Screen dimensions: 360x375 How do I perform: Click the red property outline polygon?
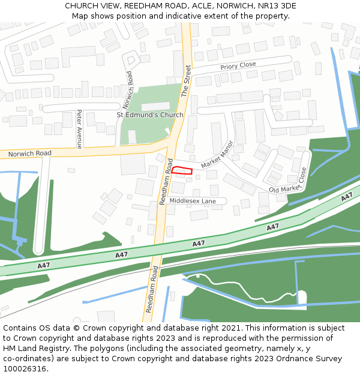tap(182, 171)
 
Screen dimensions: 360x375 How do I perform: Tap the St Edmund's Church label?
tap(150, 115)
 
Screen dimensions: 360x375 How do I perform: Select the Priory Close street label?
tap(238, 65)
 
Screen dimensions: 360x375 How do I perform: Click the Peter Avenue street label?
tap(79, 129)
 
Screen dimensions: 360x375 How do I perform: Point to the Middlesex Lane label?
tap(192, 201)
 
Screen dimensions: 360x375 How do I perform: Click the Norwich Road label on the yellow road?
tap(30, 154)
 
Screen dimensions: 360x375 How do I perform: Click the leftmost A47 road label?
tap(43, 265)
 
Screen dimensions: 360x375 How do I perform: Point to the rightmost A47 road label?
tap(346, 197)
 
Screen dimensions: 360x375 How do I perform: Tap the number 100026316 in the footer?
tap(23, 368)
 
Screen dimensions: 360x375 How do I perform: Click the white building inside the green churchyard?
tap(155, 106)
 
